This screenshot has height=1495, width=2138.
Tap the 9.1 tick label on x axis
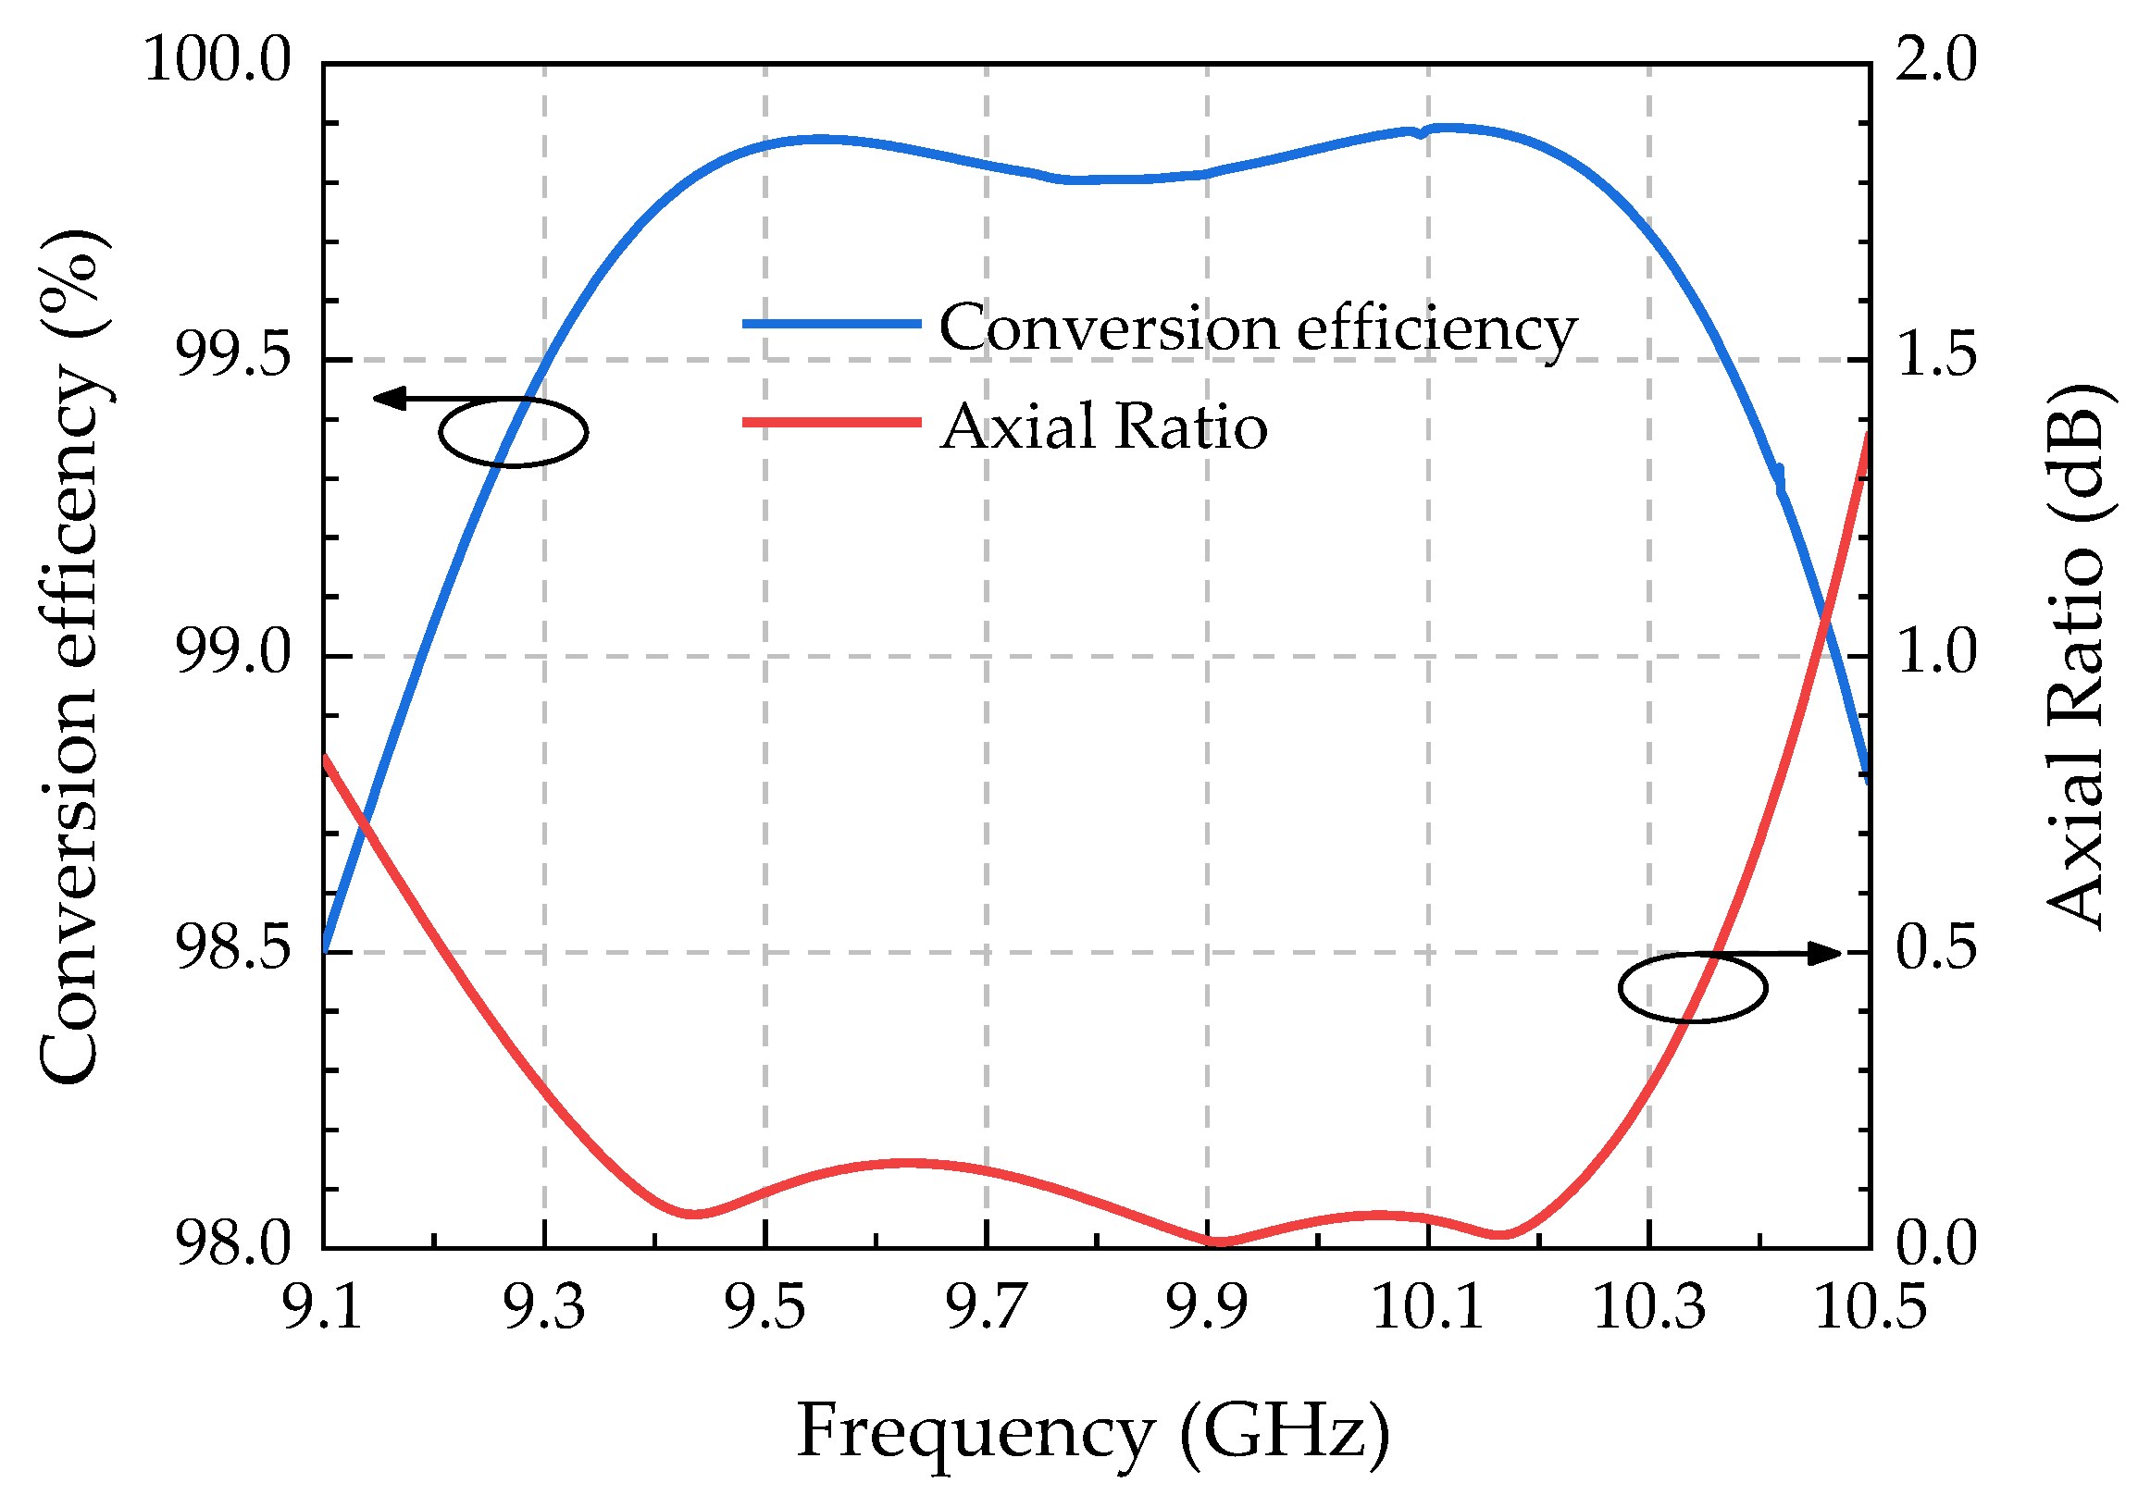pos(322,1306)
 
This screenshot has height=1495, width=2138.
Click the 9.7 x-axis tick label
pos(986,1306)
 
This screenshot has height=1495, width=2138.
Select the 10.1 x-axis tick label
pos(1427,1306)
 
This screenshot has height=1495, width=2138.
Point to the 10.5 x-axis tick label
pos(1870,1306)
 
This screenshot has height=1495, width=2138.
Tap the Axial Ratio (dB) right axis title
pos(2075,655)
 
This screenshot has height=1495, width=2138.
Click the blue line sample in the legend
pos(830,324)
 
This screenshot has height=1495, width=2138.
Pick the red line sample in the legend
pos(830,423)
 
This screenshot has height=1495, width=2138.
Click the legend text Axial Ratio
pos(1103,427)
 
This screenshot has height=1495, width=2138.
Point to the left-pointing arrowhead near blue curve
pos(388,399)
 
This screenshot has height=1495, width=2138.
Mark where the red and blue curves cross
pos(1825,615)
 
